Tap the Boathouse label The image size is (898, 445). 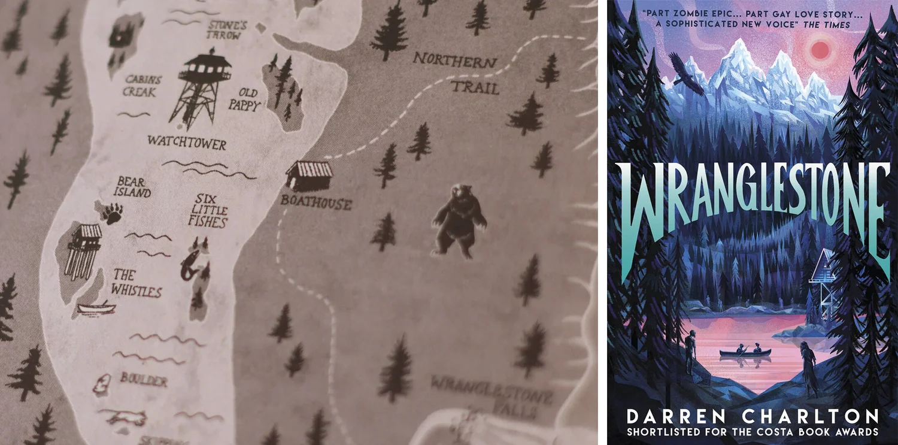[315, 203]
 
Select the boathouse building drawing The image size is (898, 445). [309, 175]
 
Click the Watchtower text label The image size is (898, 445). [187, 143]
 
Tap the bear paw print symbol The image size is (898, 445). [112, 213]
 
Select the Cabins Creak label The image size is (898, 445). [140, 86]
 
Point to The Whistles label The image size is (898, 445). [137, 283]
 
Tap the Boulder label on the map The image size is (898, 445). [143, 379]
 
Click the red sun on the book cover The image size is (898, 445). [819, 49]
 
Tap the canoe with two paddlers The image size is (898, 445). [745, 351]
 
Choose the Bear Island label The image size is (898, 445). [132, 187]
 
